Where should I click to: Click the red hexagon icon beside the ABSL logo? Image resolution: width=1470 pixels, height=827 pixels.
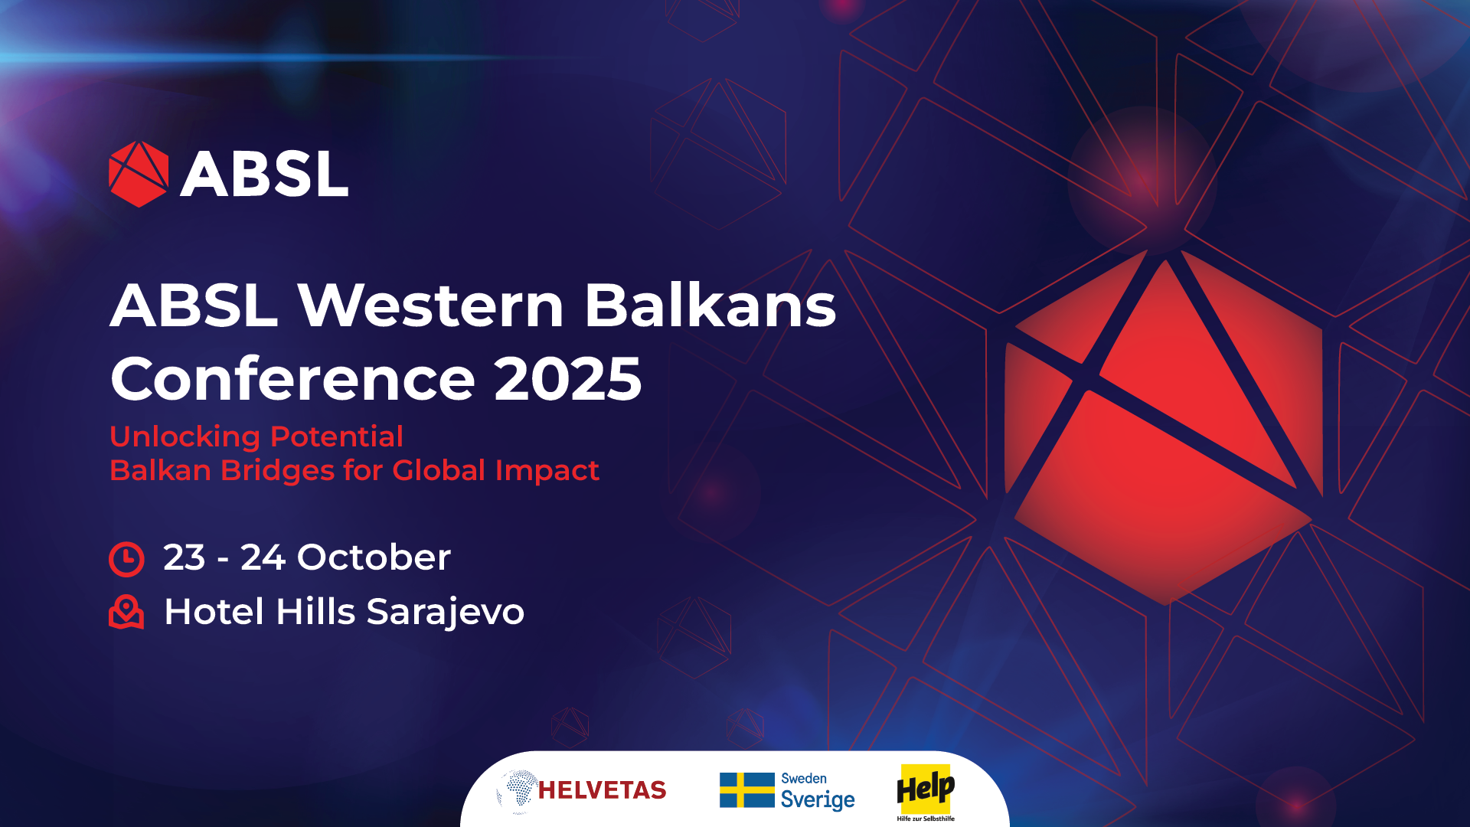[x=139, y=174]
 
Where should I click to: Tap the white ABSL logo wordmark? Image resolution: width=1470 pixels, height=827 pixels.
[x=264, y=174]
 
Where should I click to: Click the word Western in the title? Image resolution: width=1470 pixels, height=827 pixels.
[x=430, y=306]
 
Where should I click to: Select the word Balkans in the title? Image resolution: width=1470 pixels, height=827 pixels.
[x=710, y=306]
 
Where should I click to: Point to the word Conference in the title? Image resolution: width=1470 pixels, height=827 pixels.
[x=293, y=378]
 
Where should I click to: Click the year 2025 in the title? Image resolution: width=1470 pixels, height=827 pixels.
[x=567, y=378]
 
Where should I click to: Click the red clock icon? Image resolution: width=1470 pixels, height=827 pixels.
[x=126, y=558]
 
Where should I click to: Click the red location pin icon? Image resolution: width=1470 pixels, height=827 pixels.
[x=126, y=612]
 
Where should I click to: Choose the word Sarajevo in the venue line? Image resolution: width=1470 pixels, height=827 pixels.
[x=445, y=612]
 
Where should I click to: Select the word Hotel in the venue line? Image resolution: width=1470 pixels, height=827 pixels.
[x=214, y=612]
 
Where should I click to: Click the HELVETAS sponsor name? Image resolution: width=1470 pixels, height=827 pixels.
[x=602, y=790]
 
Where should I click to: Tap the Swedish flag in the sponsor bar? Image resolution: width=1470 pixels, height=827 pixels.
[x=746, y=789]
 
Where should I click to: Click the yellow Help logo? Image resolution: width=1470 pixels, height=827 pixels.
[x=926, y=789]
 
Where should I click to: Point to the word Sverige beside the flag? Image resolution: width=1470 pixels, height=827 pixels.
[x=818, y=800]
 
